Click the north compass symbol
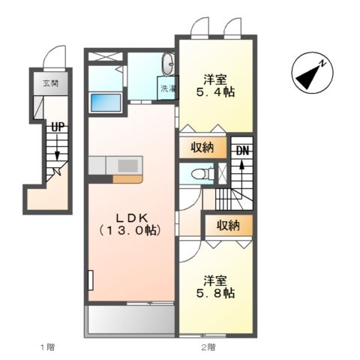pyautogui.click(x=313, y=73)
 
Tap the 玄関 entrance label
pyautogui.click(x=51, y=83)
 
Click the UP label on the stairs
pyautogui.click(x=58, y=127)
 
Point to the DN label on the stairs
pyautogui.click(x=242, y=151)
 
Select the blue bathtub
pyautogui.click(x=106, y=102)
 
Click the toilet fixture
pyautogui.click(x=202, y=173)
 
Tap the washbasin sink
pyautogui.click(x=168, y=64)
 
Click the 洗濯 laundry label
pyautogui.click(x=168, y=88)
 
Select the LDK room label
pyautogui.click(x=132, y=218)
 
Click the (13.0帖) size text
pyautogui.click(x=130, y=230)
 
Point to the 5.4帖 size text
pyautogui.click(x=215, y=92)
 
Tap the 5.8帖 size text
pyautogui.click(x=215, y=293)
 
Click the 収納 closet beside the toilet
pyautogui.click(x=202, y=148)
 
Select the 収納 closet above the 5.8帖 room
pyautogui.click(x=228, y=226)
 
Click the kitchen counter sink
pyautogui.click(x=127, y=166)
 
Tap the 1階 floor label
pyautogui.click(x=47, y=347)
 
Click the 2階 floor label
pyautogui.click(x=208, y=347)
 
